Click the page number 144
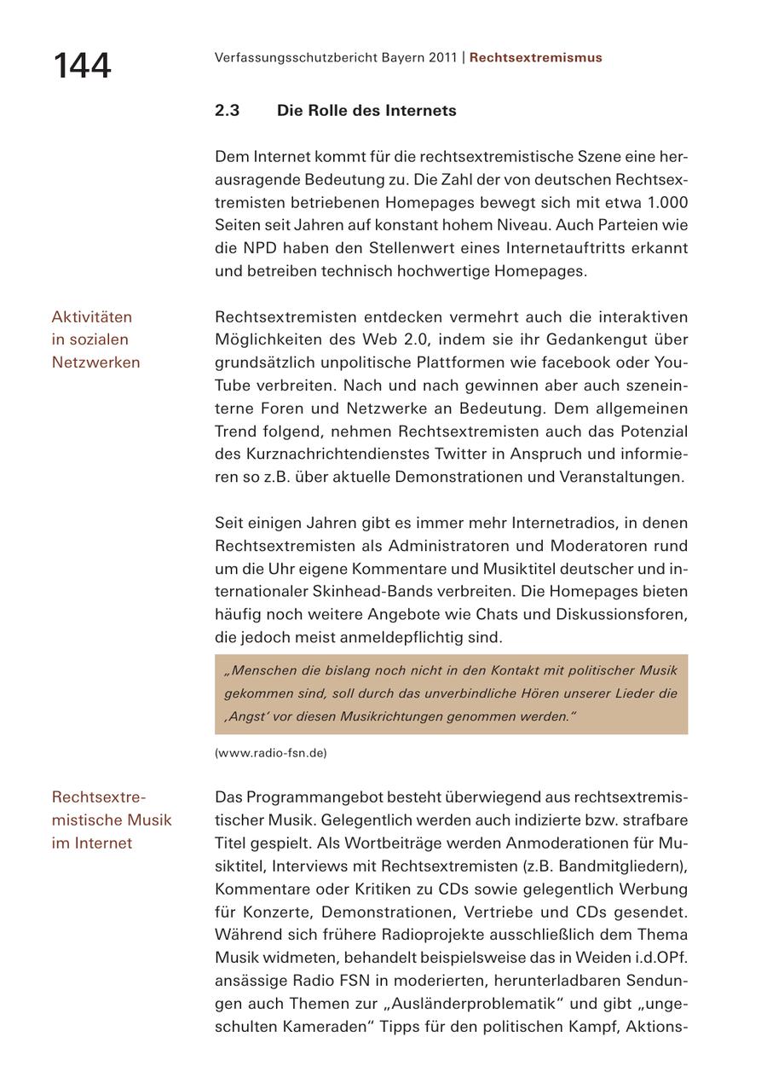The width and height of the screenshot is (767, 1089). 82,66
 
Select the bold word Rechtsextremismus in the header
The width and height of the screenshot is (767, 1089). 535,58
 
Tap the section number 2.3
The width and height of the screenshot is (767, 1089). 227,111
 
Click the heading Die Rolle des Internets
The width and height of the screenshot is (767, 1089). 366,111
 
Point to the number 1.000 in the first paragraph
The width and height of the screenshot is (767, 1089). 667,203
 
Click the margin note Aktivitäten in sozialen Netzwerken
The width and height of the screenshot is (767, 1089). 95,339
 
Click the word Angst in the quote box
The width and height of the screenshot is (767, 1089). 246,716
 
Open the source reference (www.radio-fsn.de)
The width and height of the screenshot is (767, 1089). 270,753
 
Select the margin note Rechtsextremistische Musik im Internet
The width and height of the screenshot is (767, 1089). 111,820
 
